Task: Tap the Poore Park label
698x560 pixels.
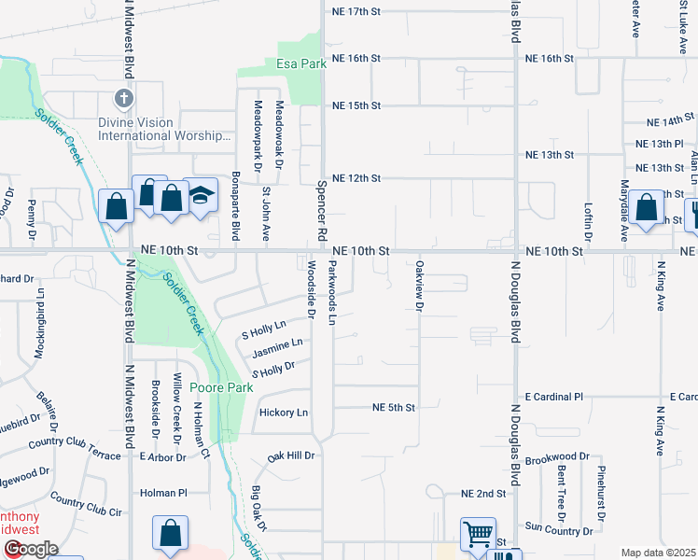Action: (221, 386)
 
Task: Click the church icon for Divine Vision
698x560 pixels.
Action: (122, 97)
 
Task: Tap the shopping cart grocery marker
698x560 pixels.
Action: (478, 535)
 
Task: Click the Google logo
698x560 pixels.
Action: (30, 549)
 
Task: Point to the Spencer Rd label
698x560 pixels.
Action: (321, 211)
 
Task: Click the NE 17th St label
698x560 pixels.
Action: (356, 11)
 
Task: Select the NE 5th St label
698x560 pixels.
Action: (392, 408)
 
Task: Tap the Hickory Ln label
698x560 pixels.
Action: (284, 413)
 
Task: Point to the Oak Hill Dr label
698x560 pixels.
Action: (291, 456)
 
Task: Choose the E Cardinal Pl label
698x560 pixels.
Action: (553, 397)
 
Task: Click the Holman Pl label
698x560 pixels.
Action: (163, 492)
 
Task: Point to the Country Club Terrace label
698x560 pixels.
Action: (75, 448)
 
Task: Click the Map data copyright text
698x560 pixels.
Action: (658, 553)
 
